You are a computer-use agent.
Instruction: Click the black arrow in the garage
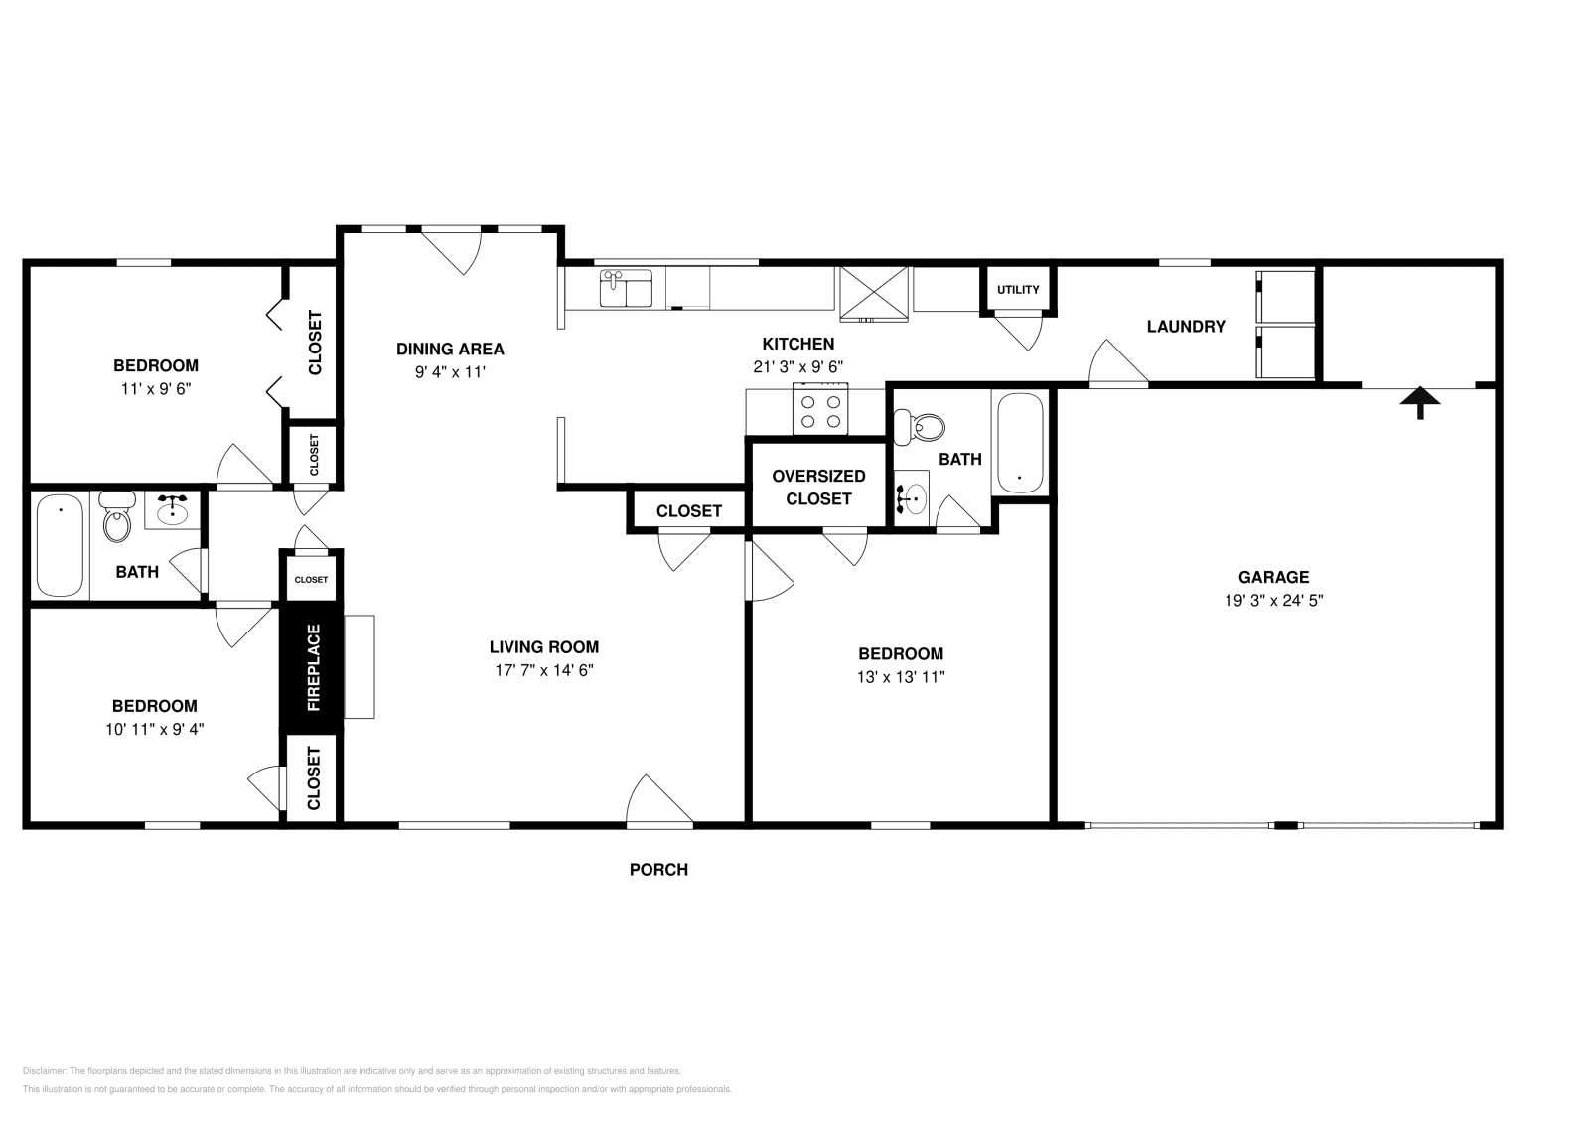click(1420, 402)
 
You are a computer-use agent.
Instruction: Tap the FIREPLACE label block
click(313, 666)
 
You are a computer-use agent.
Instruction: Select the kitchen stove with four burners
click(820, 412)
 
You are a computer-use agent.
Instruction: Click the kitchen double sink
click(626, 289)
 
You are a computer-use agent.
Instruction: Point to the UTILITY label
click(1018, 290)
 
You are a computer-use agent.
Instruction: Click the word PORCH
click(658, 870)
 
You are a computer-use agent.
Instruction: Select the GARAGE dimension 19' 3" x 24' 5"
click(1273, 601)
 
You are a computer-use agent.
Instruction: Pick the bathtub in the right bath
click(1019, 443)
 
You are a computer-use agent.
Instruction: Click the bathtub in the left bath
click(60, 545)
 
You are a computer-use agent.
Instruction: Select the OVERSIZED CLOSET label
click(818, 488)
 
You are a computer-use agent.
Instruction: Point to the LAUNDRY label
click(1186, 326)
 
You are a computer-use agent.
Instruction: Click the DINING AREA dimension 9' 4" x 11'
click(450, 372)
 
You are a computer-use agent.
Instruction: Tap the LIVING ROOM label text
click(543, 647)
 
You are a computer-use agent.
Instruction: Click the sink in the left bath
click(175, 511)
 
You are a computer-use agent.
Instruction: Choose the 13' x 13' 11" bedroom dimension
click(901, 677)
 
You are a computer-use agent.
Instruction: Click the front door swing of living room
click(655, 800)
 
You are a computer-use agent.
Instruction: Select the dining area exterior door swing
click(455, 250)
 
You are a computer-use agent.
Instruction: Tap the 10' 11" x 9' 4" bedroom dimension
click(154, 729)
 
